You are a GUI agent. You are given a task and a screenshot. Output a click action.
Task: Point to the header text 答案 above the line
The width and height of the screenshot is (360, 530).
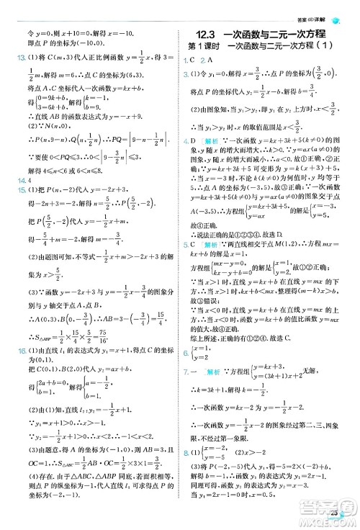point(316,7)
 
